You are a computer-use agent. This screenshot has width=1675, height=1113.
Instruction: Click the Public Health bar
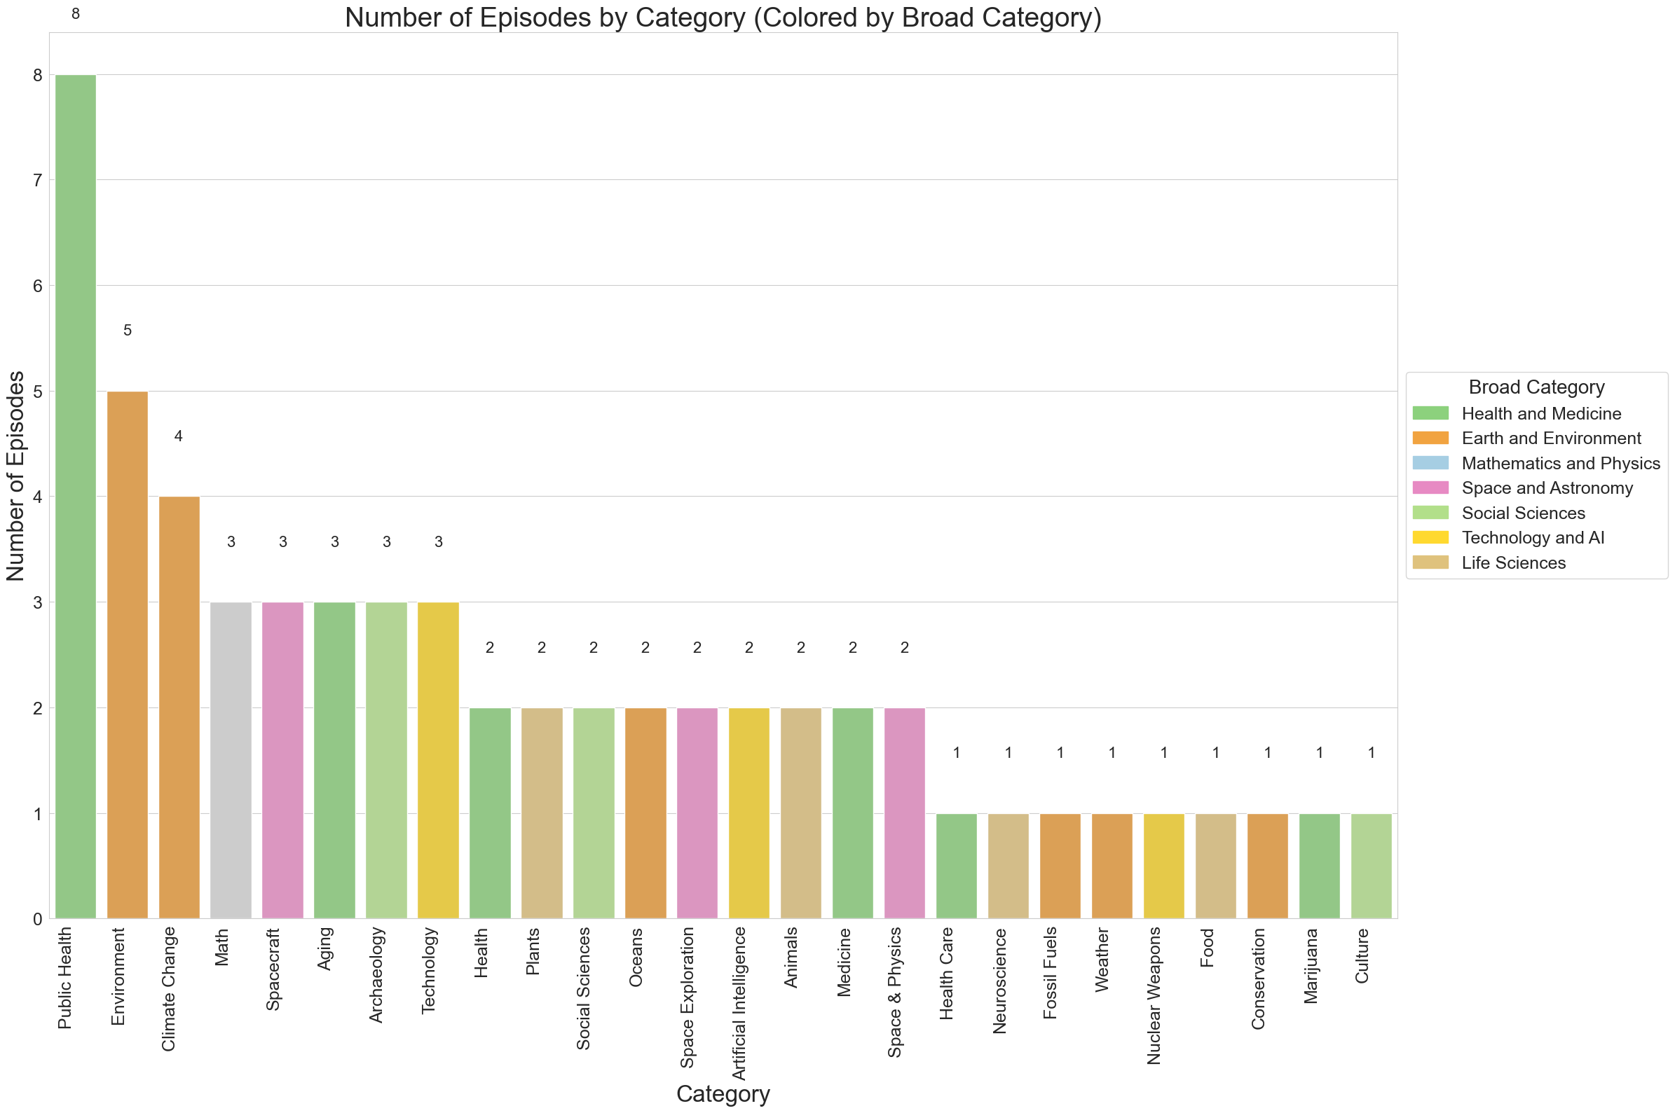75,496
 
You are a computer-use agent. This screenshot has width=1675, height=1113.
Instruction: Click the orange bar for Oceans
645,813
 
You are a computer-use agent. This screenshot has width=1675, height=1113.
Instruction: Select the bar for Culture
1370,865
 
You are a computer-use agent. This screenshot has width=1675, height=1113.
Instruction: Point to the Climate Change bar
179,707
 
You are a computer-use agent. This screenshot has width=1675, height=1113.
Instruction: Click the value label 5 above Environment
127,331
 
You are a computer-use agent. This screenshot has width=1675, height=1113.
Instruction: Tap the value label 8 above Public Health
75,14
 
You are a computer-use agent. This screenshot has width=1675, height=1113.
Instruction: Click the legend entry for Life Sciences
1512,563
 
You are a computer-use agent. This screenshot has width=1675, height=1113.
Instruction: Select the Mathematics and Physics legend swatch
1430,463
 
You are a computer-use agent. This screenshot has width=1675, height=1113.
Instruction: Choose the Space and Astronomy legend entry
1547,488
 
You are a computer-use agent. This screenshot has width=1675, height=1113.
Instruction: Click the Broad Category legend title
1536,387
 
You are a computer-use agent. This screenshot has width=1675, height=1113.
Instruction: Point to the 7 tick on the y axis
37,180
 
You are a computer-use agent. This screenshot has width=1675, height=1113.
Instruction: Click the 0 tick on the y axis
37,919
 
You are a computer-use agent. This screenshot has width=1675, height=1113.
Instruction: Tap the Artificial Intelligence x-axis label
739,1003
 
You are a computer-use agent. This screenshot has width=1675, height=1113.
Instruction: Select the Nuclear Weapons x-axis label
1154,995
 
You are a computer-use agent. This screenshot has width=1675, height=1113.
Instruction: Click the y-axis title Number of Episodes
15,476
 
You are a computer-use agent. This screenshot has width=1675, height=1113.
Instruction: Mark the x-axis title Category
722,1094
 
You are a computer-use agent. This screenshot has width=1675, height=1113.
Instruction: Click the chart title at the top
722,17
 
